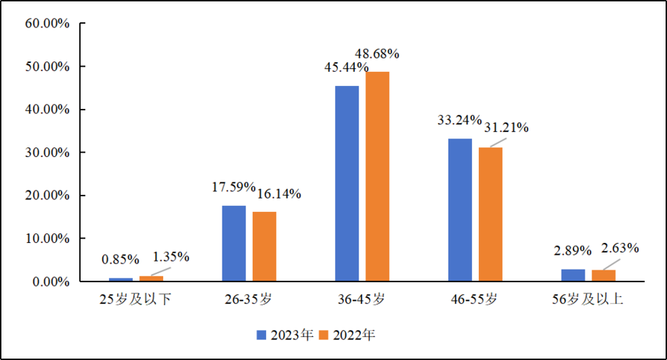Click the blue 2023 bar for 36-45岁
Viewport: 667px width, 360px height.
[347, 184]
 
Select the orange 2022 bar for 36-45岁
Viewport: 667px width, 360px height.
[377, 176]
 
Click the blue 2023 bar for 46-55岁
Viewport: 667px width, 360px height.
[459, 210]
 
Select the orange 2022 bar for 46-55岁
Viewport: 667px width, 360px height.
[490, 214]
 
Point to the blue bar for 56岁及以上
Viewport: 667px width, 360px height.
[573, 275]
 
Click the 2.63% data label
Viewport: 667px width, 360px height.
[620, 248]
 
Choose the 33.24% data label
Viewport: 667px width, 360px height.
[459, 120]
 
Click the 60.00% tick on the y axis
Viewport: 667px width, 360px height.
[47, 24]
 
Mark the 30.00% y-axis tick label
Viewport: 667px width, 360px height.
[47, 153]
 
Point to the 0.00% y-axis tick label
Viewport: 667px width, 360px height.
[50, 281]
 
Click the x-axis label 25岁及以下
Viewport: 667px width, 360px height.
[136, 301]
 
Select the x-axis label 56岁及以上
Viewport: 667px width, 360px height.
[588, 301]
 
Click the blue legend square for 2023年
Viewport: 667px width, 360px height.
[262, 335]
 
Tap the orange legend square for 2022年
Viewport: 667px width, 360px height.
[324, 335]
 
